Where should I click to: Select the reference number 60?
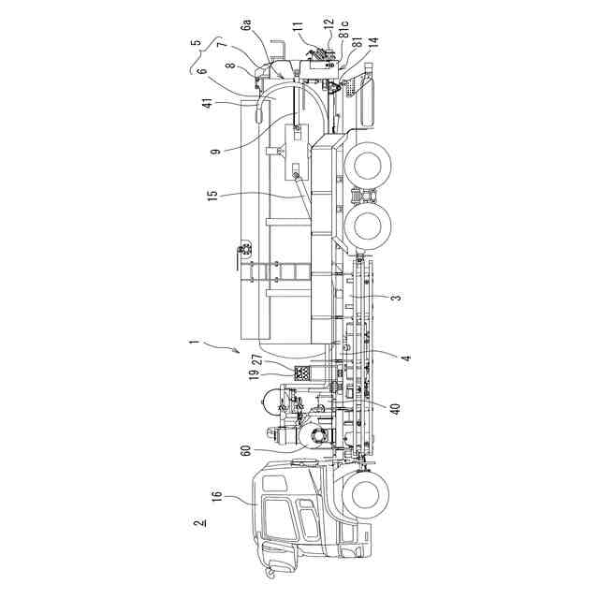(x=247, y=451)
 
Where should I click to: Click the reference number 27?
(x=256, y=357)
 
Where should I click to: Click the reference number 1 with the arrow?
(x=193, y=343)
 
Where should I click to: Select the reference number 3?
(x=396, y=298)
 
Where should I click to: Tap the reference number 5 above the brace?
(x=194, y=42)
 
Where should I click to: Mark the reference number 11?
(x=298, y=28)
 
